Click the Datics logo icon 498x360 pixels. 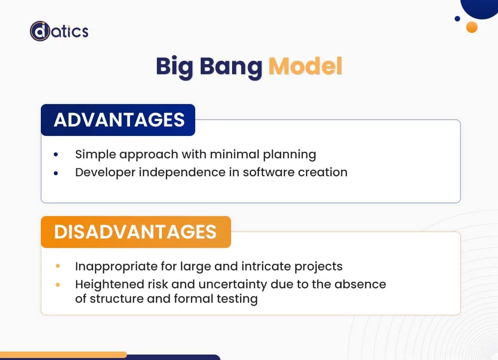click(40, 31)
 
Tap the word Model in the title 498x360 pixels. click(305, 66)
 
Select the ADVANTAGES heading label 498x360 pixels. click(119, 120)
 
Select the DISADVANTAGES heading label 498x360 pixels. click(135, 232)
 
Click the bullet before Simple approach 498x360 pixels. click(56, 155)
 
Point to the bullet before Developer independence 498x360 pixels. click(56, 173)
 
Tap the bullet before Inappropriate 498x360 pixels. click(58, 267)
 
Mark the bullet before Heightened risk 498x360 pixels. click(58, 285)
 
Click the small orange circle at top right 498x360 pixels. click(472, 27)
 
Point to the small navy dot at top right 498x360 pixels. click(457, 19)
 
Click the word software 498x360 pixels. click(268, 172)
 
